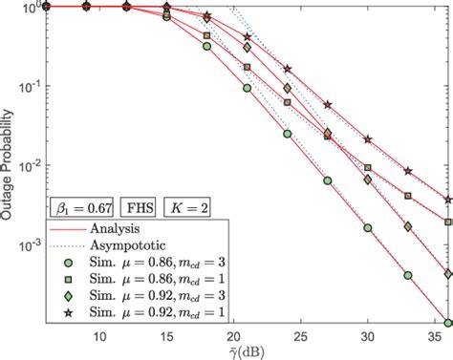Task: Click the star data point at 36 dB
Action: point(449,200)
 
